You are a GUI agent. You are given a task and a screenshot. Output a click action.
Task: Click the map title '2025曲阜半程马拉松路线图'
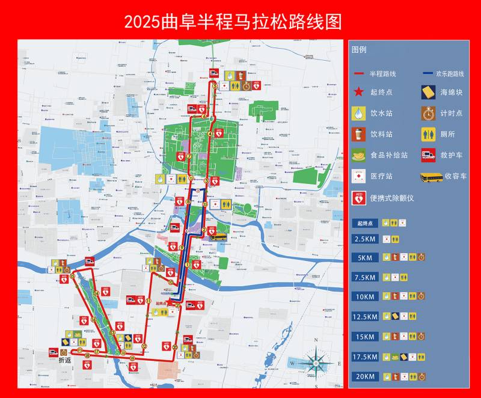click(233, 22)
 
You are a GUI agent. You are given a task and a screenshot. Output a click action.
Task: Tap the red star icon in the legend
click(359, 92)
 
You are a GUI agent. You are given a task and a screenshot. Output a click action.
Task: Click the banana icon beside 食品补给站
click(359, 155)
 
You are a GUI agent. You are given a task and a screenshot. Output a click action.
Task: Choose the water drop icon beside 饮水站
click(359, 113)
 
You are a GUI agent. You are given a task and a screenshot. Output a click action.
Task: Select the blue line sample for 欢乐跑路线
click(427, 73)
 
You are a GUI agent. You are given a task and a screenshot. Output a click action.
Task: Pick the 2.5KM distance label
click(366, 239)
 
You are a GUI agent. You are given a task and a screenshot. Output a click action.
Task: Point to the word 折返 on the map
click(64, 360)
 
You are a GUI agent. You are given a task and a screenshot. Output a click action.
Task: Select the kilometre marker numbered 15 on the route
click(73, 277)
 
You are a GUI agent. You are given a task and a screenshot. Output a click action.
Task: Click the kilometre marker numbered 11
click(148, 300)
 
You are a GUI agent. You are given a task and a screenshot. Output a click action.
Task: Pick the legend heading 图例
click(359, 50)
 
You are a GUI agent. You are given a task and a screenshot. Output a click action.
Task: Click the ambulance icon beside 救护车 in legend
click(428, 155)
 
